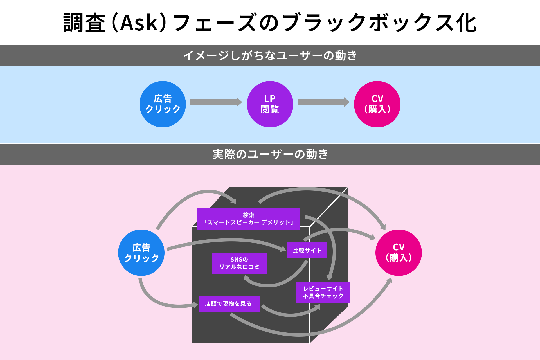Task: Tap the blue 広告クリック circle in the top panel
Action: click(163, 104)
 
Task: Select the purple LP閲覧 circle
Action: click(270, 104)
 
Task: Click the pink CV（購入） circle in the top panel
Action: click(377, 104)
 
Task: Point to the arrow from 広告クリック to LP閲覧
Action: click(216, 102)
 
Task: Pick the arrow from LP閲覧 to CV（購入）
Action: click(323, 102)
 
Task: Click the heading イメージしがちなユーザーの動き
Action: click(270, 55)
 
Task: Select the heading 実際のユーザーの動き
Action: click(270, 154)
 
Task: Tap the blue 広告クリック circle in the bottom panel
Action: click(141, 253)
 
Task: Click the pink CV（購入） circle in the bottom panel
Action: click(399, 253)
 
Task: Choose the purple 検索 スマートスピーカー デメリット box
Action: click(249, 219)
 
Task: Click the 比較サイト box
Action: click(307, 250)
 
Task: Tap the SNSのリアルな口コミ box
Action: click(239, 263)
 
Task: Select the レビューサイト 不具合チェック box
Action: click(323, 292)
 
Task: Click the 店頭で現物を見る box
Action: click(229, 303)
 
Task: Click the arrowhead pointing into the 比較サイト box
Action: click(283, 249)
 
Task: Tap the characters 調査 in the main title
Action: click(84, 22)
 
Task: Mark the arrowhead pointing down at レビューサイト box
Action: click(330, 278)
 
